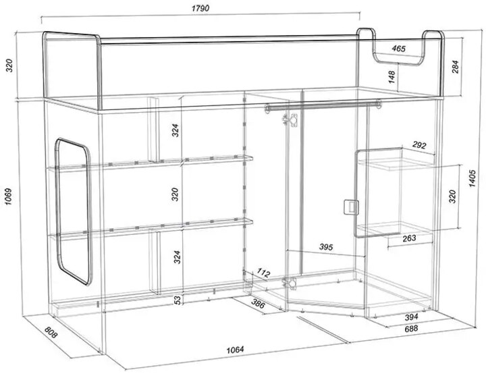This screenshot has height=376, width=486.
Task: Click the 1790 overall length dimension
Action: (x=200, y=8)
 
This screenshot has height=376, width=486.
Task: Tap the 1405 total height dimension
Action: (x=472, y=178)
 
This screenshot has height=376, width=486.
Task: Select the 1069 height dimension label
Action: (x=8, y=196)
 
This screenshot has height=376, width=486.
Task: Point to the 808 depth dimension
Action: (x=51, y=332)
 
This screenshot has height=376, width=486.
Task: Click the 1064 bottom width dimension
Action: (x=236, y=350)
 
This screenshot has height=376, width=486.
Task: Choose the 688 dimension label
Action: (x=411, y=328)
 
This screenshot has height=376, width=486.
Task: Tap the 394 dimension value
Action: (x=411, y=317)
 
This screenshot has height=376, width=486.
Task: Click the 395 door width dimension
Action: (x=326, y=247)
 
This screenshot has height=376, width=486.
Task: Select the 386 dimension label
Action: (x=258, y=304)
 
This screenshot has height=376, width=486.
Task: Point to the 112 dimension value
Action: (x=264, y=273)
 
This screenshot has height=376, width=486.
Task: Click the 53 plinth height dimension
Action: (x=178, y=300)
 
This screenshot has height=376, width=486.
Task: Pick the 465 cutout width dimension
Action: (x=398, y=49)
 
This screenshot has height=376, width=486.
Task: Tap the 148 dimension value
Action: (x=391, y=77)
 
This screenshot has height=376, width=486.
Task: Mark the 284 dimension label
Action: (x=455, y=67)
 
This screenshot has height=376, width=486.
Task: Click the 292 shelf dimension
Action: (x=419, y=144)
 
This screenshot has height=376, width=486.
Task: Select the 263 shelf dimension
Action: (x=409, y=238)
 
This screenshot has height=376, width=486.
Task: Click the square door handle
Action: (x=351, y=207)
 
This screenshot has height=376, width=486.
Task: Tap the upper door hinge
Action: (x=290, y=120)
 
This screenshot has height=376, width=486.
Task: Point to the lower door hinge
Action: (x=290, y=283)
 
